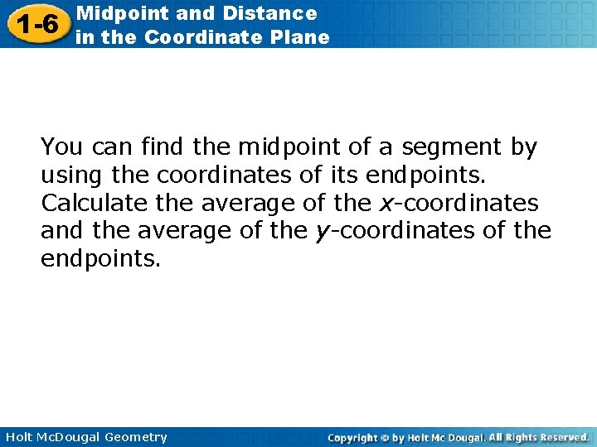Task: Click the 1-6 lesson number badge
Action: click(35, 24)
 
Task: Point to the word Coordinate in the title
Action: click(227, 37)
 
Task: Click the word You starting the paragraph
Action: click(62, 147)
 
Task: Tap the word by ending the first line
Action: click(523, 147)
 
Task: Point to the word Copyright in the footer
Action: click(352, 437)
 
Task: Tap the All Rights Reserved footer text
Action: click(538, 437)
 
